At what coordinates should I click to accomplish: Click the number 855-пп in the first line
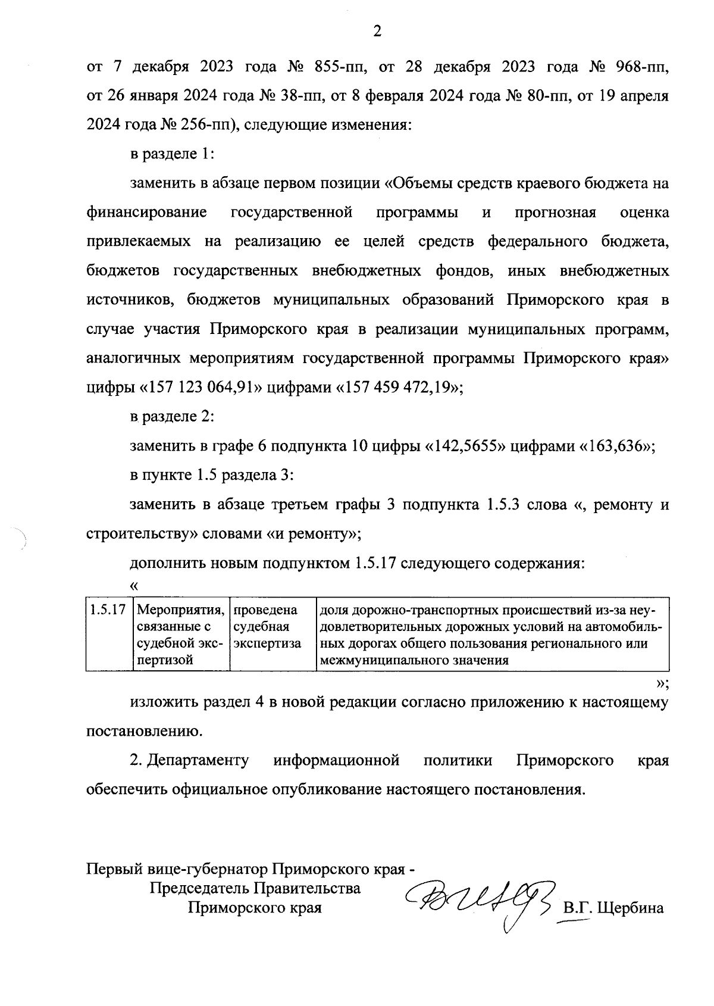(337, 66)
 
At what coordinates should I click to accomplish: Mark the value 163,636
(616, 446)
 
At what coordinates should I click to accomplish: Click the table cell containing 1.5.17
(108, 610)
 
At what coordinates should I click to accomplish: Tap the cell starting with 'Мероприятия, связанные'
(181, 635)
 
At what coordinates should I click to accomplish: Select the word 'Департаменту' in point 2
(198, 761)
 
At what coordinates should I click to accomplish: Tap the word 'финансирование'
(147, 213)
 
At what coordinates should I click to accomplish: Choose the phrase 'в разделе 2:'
(172, 417)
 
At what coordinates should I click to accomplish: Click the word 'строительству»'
(142, 534)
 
